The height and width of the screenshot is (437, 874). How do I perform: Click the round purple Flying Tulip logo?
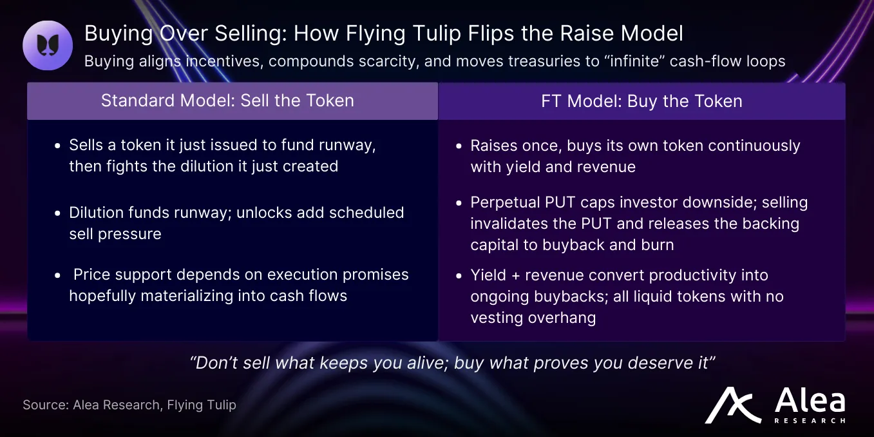[x=48, y=45]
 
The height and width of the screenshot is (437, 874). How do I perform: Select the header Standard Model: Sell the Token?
[x=227, y=101]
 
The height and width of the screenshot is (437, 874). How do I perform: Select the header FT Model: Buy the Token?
[x=641, y=101]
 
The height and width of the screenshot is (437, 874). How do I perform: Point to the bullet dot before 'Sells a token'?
[x=57, y=146]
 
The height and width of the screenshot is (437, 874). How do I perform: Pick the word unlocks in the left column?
[x=263, y=213]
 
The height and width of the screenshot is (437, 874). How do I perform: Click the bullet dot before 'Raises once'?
[x=459, y=146]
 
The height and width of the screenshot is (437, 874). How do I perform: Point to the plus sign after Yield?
[x=515, y=276]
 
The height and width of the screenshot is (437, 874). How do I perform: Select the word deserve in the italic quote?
[x=660, y=363]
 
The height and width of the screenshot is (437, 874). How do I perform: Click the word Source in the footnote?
[x=45, y=405]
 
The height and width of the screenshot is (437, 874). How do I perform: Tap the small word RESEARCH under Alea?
[x=810, y=421]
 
